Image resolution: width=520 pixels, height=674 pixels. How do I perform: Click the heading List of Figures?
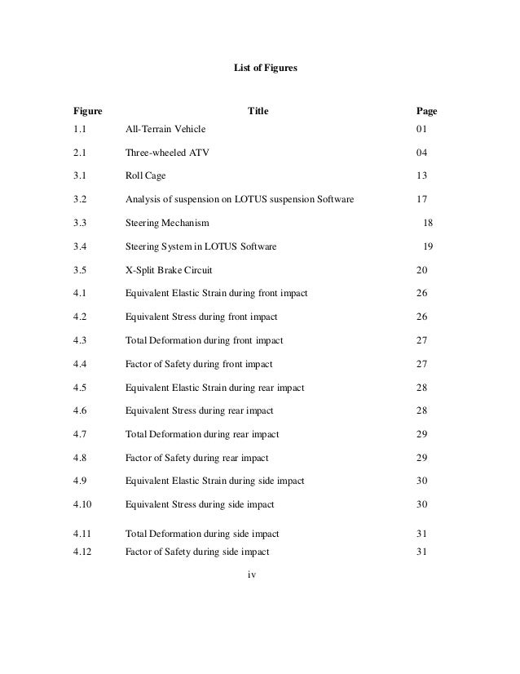260,71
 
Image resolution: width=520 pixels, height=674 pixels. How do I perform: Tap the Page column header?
426,111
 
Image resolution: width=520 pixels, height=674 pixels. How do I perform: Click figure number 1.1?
79,129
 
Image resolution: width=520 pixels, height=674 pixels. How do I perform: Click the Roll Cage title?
146,175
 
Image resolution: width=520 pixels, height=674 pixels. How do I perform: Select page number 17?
421,199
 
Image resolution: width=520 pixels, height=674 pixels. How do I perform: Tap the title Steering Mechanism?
167,223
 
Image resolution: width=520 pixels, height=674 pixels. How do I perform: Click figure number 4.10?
82,504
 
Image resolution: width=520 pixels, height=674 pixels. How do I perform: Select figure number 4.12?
82,552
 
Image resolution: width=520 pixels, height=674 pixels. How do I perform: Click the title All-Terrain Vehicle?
165,129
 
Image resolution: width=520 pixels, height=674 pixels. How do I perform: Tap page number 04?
421,153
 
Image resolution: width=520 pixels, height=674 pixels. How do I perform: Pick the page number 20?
421,270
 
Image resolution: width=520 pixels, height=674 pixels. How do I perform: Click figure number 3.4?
79,246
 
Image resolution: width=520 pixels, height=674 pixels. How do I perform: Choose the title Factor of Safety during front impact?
199,364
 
